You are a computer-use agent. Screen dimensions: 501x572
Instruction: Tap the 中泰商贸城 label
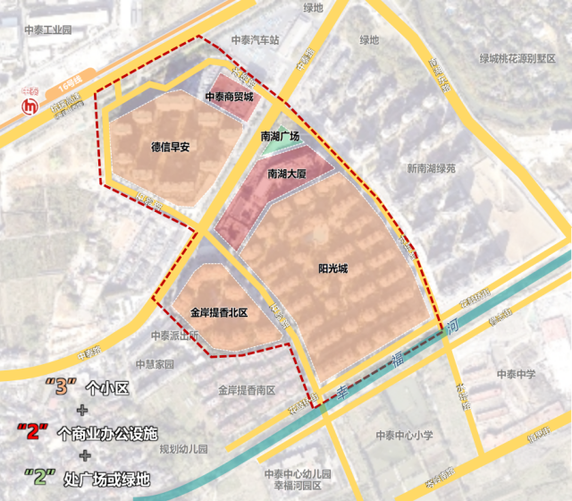229,97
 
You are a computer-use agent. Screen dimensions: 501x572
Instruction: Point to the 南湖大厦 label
287,175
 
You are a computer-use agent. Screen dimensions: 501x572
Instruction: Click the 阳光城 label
333,267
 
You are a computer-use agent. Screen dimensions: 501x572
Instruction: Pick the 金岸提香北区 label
218,313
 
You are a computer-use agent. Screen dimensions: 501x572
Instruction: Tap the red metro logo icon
30,106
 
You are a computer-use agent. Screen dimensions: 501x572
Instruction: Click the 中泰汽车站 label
256,40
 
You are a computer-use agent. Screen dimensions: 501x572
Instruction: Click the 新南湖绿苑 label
431,167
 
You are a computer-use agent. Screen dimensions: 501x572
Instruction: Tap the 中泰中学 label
517,374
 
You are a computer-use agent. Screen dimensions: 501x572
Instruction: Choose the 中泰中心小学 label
404,436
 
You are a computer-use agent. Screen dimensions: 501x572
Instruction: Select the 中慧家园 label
155,364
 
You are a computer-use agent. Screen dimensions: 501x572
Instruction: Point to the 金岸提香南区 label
247,390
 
